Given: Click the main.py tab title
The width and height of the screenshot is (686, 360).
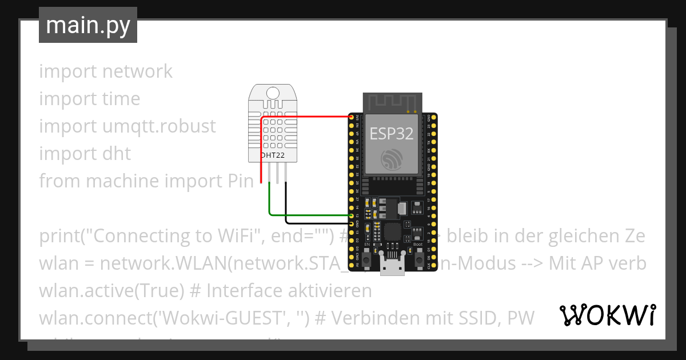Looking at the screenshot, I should [x=88, y=26].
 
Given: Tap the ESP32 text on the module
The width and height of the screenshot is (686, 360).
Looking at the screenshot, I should [x=391, y=134].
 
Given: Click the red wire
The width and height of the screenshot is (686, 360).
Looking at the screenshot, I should [x=309, y=117].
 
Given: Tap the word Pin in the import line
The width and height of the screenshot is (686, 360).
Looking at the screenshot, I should [x=237, y=181].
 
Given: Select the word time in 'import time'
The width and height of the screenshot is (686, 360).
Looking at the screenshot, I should [x=121, y=99].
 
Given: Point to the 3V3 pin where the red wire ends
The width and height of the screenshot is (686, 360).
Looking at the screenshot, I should [x=351, y=117].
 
